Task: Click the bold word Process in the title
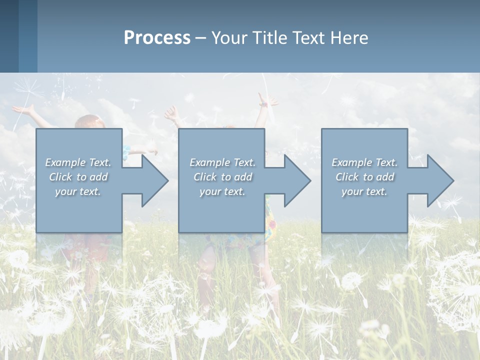(x=157, y=38)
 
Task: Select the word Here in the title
(x=348, y=38)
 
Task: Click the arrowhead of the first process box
(x=152, y=180)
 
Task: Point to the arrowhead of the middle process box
(x=295, y=180)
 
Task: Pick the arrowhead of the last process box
(x=438, y=180)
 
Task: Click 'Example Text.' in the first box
(x=78, y=162)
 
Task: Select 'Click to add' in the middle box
(x=222, y=177)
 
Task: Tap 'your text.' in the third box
(x=364, y=191)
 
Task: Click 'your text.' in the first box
(x=78, y=191)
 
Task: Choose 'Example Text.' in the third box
(x=364, y=162)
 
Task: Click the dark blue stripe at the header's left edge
(x=9, y=36)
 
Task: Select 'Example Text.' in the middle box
(x=222, y=162)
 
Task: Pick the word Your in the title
(x=230, y=38)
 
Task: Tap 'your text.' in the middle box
(x=222, y=191)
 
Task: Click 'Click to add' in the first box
(x=78, y=177)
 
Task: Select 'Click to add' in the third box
(x=364, y=177)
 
